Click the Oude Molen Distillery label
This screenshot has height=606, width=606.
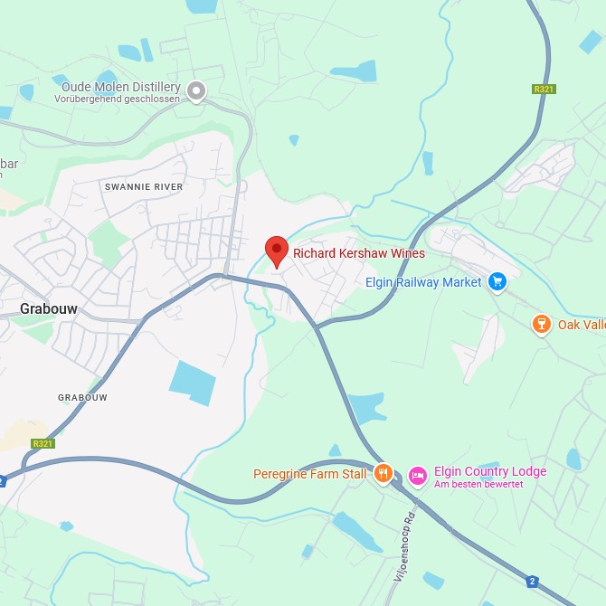click(121, 87)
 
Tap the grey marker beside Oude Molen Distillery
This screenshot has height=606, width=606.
click(196, 90)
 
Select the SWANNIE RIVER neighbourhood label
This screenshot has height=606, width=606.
click(144, 186)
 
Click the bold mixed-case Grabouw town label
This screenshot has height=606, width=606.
click(49, 308)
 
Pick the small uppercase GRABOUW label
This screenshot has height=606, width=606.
click(82, 397)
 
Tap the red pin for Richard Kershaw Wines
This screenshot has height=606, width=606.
click(277, 250)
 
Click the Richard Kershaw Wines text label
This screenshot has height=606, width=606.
click(358, 254)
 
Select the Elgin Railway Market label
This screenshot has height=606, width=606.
click(423, 282)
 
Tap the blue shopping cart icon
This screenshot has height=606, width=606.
click(497, 282)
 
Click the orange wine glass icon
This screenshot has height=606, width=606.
click(541, 324)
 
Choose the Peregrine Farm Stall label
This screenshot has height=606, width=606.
click(310, 474)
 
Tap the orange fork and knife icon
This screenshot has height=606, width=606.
click(383, 473)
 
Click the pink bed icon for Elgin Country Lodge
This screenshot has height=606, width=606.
click(417, 474)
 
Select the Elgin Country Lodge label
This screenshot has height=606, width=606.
click(490, 471)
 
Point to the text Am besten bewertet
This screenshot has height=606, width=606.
click(478, 484)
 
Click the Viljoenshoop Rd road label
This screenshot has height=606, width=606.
click(404, 545)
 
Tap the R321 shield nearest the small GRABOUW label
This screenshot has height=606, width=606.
click(43, 443)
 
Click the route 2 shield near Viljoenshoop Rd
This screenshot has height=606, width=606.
click(533, 582)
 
